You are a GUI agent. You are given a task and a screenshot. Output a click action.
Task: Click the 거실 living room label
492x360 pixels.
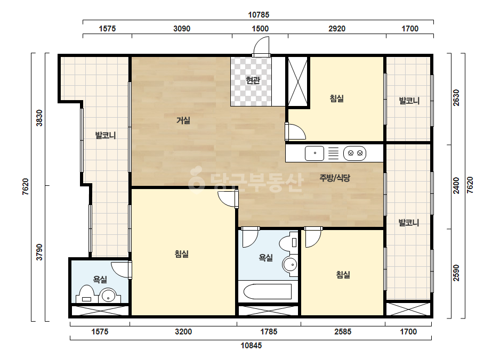pyautogui.click(x=183, y=120)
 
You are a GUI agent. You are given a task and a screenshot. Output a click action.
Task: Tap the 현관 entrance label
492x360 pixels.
pyautogui.click(x=253, y=80)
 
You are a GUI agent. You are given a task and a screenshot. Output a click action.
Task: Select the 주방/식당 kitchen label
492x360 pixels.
pyautogui.click(x=334, y=178)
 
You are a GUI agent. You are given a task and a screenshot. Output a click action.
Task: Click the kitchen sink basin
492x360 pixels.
pyautogui.click(x=314, y=153)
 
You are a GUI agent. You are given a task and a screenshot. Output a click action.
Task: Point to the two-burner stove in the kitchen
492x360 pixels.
pyautogui.click(x=355, y=153)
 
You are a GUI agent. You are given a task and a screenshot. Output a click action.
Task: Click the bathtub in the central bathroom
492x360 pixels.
pyautogui.click(x=268, y=291)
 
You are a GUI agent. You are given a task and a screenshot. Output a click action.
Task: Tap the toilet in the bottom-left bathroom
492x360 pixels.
pyautogui.click(x=86, y=294)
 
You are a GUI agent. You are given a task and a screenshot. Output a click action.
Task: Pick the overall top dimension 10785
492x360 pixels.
pyautogui.click(x=259, y=15)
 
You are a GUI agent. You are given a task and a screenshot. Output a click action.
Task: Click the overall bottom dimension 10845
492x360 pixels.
pyautogui.click(x=251, y=346)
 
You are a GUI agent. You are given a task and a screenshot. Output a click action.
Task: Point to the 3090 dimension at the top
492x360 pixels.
pyautogui.click(x=182, y=29)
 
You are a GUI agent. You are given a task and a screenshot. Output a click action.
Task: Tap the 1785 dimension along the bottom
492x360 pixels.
pyautogui.click(x=269, y=332)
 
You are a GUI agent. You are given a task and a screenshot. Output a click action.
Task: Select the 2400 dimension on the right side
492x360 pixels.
pyautogui.click(x=456, y=186)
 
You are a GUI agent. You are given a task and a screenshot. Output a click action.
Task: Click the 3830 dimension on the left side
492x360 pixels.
pyautogui.click(x=39, y=118)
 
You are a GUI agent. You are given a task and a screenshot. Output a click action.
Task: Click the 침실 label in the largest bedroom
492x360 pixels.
pyautogui.click(x=182, y=253)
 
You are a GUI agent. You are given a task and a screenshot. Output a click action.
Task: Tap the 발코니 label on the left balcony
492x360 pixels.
pyautogui.click(x=106, y=135)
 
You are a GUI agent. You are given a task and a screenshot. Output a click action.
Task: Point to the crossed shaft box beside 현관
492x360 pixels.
pyautogui.click(x=297, y=82)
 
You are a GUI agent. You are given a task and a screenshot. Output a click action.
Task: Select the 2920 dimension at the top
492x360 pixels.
pyautogui.click(x=337, y=29)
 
